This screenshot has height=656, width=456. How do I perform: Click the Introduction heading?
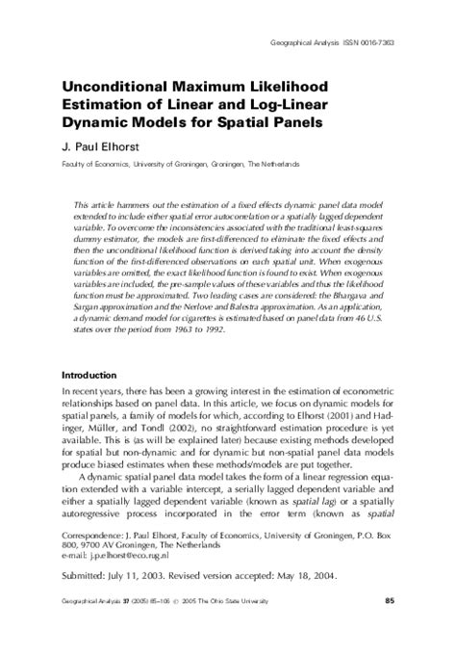tap(89, 374)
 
